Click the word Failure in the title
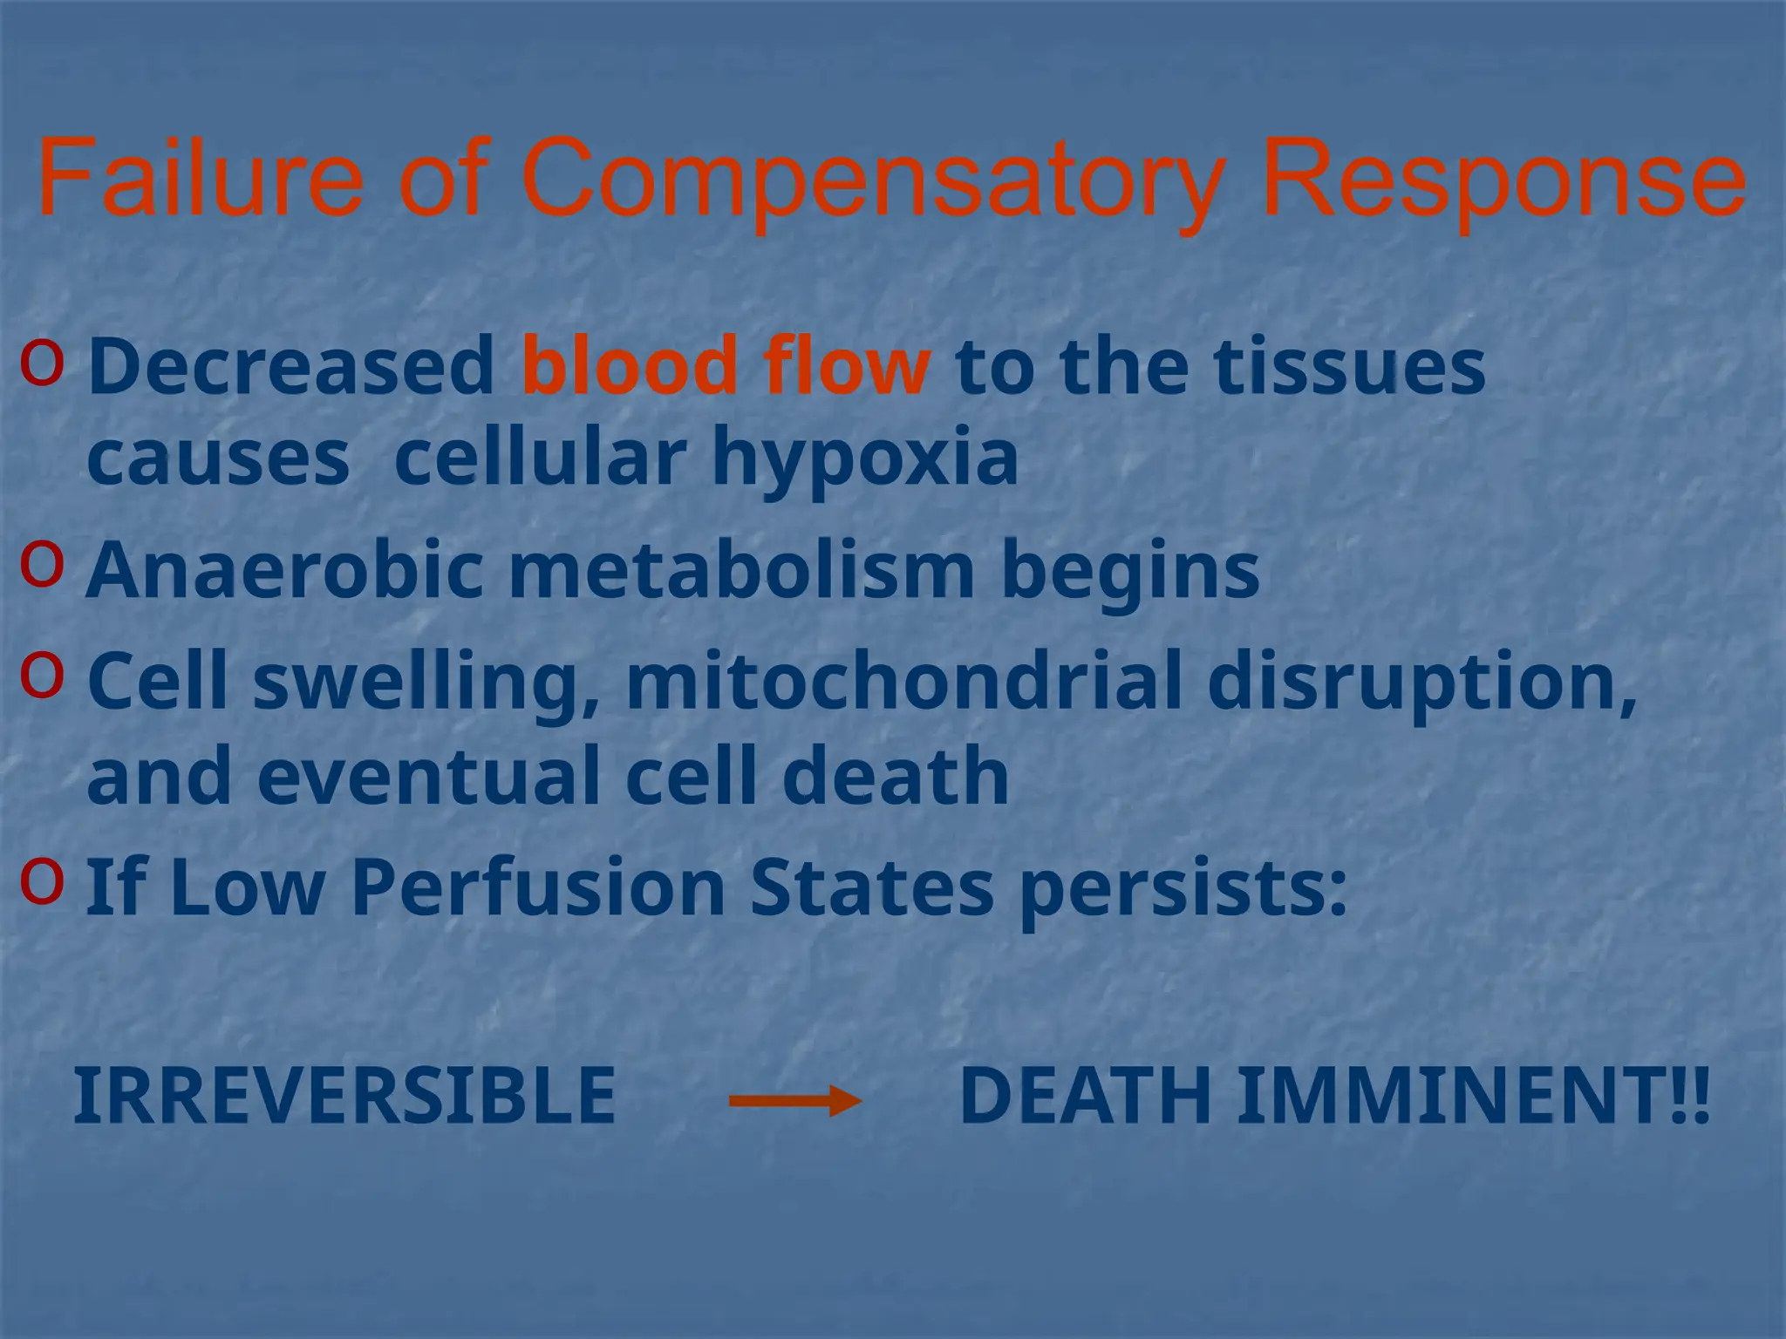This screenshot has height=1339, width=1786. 200,179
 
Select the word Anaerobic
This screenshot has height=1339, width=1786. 284,571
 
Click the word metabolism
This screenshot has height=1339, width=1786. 741,571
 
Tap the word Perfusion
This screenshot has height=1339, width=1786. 538,887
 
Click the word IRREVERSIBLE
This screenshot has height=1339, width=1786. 344,1096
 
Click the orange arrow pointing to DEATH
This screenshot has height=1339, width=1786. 794,1101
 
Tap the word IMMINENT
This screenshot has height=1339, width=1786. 1474,1096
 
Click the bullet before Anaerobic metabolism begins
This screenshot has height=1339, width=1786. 42,565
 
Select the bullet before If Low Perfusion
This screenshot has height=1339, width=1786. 42,881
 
